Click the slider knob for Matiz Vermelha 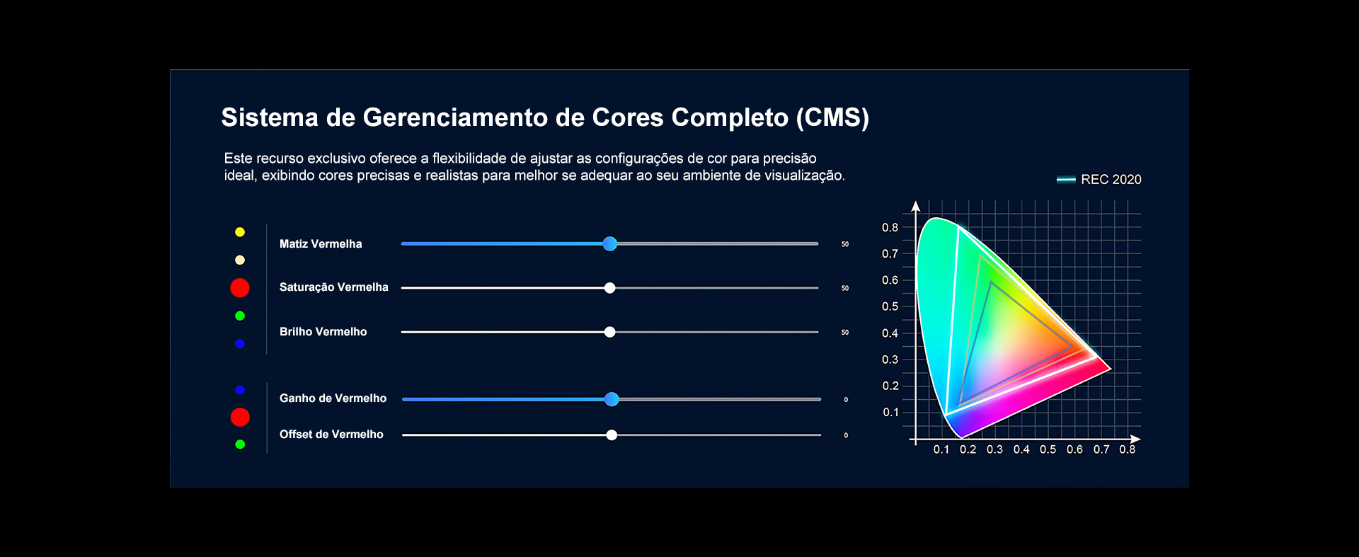coord(610,244)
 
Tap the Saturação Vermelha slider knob coord(610,288)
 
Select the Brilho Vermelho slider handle coord(610,332)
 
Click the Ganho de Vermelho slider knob coord(612,399)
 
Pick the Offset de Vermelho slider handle coord(612,435)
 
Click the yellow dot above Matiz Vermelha coord(240,232)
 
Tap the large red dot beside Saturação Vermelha coord(240,287)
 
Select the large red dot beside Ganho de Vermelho coord(240,417)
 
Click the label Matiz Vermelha coord(321,244)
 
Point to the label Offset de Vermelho coord(331,435)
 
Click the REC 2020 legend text coord(1111,180)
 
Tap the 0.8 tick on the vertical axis coord(890,228)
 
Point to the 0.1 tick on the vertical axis coord(890,413)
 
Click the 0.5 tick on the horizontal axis coord(1048,449)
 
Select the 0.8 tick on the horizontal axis coord(1128,449)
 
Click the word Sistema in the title coord(270,117)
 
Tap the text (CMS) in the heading coord(832,117)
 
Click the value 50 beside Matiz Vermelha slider coord(845,244)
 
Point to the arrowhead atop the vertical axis coord(916,206)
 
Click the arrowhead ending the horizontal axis coord(1135,440)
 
